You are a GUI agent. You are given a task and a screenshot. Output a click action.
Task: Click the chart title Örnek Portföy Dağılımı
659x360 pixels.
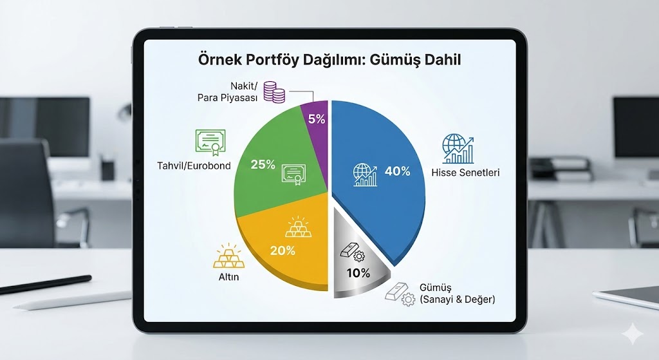tap(329, 61)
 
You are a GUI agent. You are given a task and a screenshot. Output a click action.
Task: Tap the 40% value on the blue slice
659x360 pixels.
tap(397, 171)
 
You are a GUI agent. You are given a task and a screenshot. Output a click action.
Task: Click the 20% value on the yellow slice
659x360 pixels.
tap(283, 251)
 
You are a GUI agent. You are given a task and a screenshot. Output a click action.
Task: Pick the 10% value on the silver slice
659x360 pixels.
tap(357, 273)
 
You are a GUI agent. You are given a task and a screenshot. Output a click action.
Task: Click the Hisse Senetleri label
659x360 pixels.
tap(467, 173)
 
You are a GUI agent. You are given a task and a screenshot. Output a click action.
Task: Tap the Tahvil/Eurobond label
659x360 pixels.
tap(193, 166)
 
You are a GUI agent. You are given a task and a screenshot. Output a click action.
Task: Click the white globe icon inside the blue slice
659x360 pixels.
tap(366, 175)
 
